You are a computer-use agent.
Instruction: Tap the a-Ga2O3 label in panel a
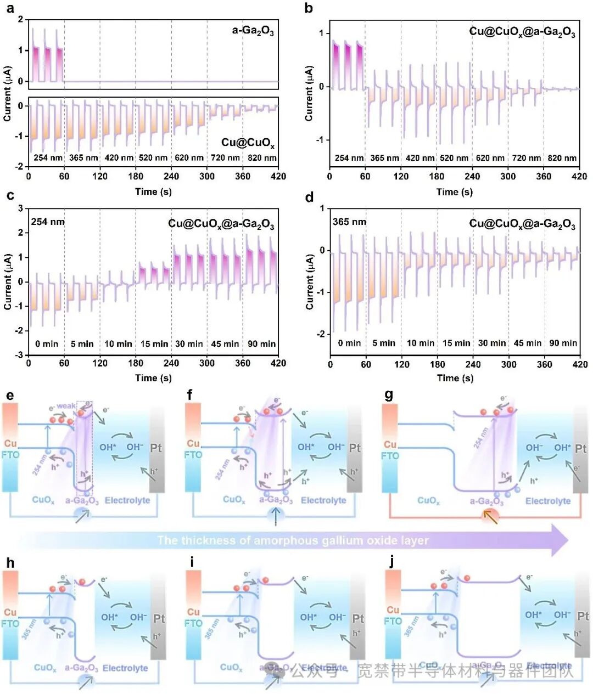(x=253, y=31)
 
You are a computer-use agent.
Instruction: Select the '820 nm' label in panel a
(x=262, y=158)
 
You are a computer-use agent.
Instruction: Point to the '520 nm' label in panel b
(x=455, y=158)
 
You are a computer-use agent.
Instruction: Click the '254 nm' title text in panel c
(x=48, y=222)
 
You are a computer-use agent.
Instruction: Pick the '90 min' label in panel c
(x=261, y=344)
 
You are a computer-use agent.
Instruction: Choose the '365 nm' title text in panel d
(x=349, y=222)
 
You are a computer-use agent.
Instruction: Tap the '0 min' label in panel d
(x=349, y=343)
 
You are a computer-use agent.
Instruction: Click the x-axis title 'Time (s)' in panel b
(x=454, y=192)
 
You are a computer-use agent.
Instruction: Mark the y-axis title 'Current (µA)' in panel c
(x=8, y=281)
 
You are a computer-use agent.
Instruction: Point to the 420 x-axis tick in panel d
(x=580, y=364)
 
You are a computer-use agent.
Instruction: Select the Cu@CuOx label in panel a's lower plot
(x=248, y=143)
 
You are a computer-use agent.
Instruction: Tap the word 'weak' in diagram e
(x=66, y=406)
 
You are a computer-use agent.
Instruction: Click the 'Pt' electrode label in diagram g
(x=581, y=448)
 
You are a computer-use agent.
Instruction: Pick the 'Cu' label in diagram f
(x=193, y=443)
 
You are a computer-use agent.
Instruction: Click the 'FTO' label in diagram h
(x=10, y=624)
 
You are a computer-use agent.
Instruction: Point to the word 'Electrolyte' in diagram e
(x=127, y=500)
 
